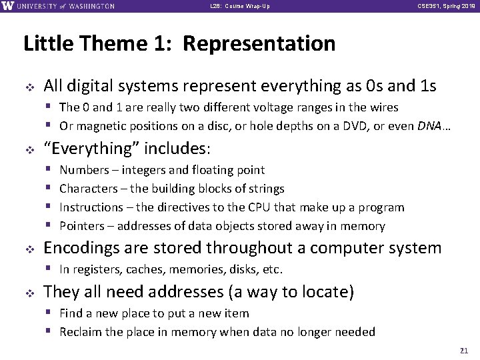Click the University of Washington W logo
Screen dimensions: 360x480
tap(8, 6)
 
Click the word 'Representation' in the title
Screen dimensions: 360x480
tap(259, 44)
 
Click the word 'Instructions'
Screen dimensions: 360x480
tap(91, 207)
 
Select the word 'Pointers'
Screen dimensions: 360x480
tap(81, 226)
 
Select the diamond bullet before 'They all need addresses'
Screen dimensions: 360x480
tap(28, 292)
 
